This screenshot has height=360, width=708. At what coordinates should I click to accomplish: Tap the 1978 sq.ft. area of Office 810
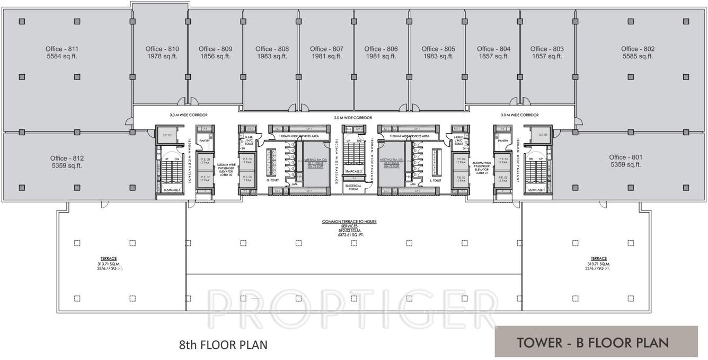(x=162, y=56)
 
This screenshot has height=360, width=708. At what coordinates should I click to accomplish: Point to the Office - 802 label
(x=638, y=49)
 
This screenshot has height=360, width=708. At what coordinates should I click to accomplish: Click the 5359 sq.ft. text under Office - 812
(x=66, y=165)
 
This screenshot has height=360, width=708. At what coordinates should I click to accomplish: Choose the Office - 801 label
(x=625, y=157)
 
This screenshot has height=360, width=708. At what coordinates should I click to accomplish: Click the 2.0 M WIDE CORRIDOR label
(x=353, y=118)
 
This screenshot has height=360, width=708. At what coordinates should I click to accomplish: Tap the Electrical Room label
(x=353, y=187)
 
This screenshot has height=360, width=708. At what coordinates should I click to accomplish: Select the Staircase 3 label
(x=172, y=189)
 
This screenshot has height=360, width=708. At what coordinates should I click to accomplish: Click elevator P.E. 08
(x=205, y=161)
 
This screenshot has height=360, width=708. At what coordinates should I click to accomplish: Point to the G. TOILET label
(x=273, y=180)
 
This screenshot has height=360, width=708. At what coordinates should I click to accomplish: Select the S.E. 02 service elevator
(x=166, y=136)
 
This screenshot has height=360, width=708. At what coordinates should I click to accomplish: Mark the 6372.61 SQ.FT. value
(x=349, y=234)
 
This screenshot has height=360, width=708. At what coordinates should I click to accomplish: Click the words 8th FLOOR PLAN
(x=223, y=345)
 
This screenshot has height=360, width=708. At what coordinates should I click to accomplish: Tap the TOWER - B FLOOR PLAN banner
(x=596, y=342)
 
